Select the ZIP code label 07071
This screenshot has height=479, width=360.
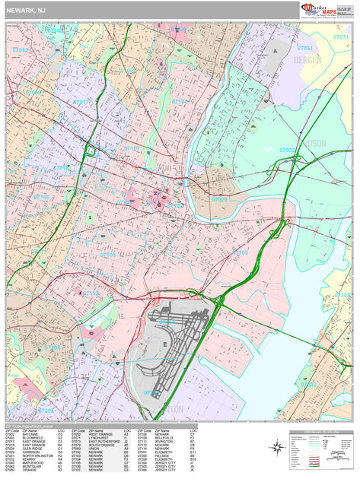(x=342, y=36)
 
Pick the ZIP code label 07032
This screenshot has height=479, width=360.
(x=287, y=150)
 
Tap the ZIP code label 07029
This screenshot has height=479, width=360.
(x=219, y=199)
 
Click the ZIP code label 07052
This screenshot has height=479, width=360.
(x=21, y=50)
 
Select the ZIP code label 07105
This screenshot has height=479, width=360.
(x=241, y=252)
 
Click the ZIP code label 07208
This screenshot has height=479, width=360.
(x=52, y=347)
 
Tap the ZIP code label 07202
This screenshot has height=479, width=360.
(x=308, y=385)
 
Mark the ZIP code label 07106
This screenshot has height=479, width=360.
(x=41, y=197)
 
